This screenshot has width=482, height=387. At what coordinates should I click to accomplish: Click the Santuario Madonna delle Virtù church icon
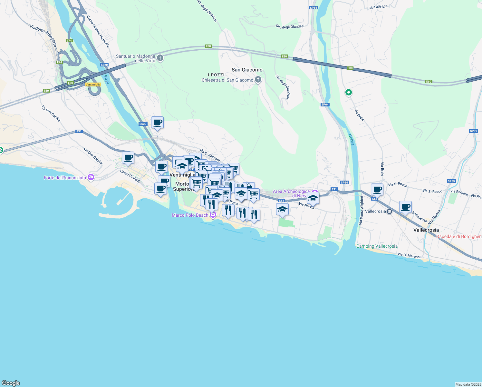pos(160,58)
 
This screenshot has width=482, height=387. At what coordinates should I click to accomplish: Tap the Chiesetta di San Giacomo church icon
pos(258,80)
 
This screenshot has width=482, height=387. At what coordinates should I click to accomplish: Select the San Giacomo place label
pos(247,70)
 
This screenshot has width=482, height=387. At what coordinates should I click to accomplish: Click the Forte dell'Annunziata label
pos(65,178)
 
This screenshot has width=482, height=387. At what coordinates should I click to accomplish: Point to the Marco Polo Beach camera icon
pos(213,215)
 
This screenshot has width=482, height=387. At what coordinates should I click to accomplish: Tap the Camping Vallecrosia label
pos(377,246)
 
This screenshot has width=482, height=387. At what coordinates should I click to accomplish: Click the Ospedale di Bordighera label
pos(459,236)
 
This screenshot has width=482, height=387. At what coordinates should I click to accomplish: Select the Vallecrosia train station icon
pos(389,212)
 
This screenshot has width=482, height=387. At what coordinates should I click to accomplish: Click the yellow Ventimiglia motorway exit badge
pos(93,84)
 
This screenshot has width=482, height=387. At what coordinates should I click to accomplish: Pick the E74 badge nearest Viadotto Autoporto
pos(69,41)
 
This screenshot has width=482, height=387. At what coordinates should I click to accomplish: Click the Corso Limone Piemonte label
pos(98,32)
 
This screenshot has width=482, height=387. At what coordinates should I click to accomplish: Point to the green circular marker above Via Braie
pos(348,93)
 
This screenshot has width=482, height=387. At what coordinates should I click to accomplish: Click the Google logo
pos(11,383)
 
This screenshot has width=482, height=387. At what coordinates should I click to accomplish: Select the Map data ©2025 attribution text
pos(468,384)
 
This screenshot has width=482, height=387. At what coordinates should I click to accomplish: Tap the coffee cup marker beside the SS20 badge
pos(157,123)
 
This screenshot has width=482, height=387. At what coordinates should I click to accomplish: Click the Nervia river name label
pos(351,140)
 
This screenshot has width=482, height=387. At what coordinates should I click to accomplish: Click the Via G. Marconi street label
pos(409,256)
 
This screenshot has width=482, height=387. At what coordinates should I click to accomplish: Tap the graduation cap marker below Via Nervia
pos(282,209)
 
